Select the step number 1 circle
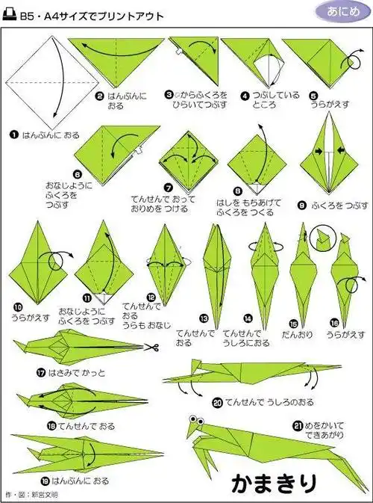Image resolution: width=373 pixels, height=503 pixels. (14, 135)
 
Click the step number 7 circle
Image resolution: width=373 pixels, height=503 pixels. (168, 187)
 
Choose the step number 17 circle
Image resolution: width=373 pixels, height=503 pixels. (19, 372)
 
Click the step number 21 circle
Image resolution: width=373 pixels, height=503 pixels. (297, 427)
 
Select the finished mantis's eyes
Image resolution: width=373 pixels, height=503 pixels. (196, 420)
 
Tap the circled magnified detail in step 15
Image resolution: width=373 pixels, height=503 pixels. (320, 238)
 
